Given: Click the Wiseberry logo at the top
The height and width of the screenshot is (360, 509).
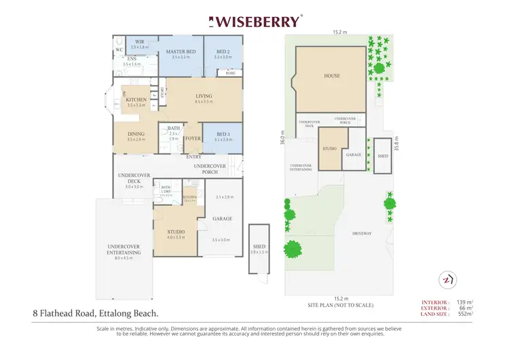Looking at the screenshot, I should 254,21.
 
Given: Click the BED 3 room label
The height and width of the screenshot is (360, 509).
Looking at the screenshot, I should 223,134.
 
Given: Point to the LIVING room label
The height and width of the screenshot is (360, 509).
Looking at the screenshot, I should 204,96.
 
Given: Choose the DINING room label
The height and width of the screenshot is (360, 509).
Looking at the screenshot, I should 136,134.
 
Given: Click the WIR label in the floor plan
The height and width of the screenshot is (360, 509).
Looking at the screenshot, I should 139,42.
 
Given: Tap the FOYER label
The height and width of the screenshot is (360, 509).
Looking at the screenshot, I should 193,138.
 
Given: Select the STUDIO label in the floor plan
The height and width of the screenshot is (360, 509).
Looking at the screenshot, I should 176,232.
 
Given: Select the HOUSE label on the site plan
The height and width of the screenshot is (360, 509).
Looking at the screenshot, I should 331,76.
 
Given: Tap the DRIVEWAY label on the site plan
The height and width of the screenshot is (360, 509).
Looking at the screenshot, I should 362,233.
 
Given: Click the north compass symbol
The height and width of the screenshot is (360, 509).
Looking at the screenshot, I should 447,278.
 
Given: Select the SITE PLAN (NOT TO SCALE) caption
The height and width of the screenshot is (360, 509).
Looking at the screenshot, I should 340,305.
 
